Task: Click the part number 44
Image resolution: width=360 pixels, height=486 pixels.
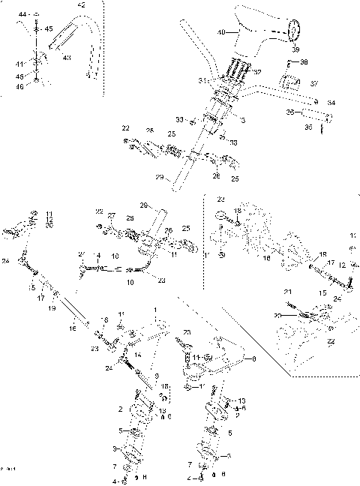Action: [x=22, y=15]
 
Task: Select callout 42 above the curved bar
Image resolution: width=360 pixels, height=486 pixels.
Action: [x=81, y=5]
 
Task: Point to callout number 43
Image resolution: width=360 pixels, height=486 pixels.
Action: [x=67, y=58]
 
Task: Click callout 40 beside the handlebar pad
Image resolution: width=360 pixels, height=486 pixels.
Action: [x=220, y=33]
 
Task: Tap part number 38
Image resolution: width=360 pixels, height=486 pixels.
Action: [x=303, y=62]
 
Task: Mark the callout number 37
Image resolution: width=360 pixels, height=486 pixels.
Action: [x=314, y=84]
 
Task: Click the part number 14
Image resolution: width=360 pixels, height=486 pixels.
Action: [x=136, y=356]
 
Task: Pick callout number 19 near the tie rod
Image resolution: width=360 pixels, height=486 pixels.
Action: [x=52, y=308]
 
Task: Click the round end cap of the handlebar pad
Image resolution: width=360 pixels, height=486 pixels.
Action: [x=294, y=31]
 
